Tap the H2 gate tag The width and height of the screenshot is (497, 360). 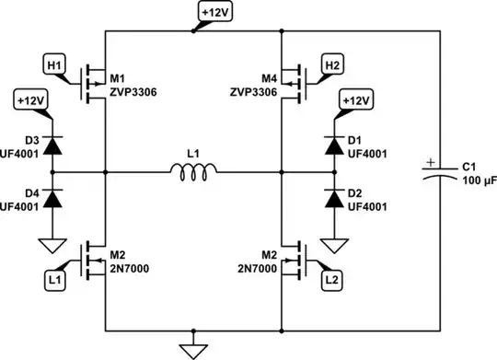tap(332, 65)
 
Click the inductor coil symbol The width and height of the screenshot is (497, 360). tap(192, 168)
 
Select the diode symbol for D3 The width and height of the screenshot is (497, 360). tap(53, 143)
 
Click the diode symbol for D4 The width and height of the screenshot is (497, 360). tap(53, 196)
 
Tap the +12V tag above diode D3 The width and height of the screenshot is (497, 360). tap(30, 99)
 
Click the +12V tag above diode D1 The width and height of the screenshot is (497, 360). tap(355, 99)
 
